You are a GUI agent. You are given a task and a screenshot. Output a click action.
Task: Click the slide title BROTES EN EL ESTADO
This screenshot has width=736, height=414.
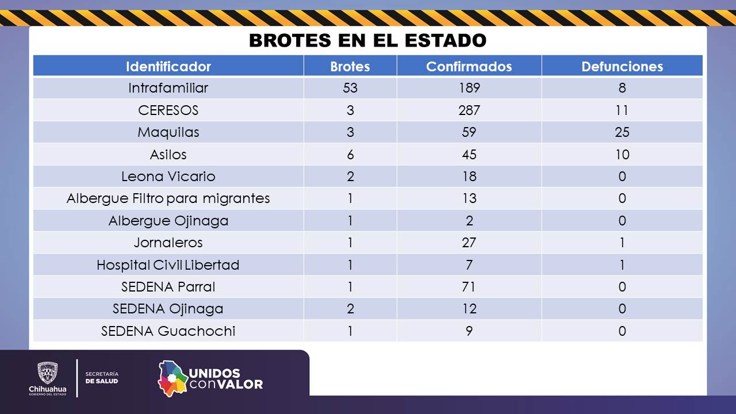tap(367, 41)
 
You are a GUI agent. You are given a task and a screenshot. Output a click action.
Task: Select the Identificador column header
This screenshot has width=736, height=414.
tap(168, 66)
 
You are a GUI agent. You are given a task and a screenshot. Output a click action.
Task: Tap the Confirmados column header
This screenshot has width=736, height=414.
tap(469, 66)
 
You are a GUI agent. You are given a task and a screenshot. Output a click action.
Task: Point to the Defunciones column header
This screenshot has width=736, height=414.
tap(622, 66)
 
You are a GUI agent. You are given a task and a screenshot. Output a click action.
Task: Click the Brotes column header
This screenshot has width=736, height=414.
tap(350, 66)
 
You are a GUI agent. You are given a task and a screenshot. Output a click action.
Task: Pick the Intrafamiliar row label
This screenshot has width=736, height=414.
tap(168, 88)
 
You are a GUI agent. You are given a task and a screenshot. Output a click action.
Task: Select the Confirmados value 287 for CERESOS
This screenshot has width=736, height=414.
tap(469, 110)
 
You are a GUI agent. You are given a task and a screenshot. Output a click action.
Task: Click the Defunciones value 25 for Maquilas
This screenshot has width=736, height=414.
tap(622, 132)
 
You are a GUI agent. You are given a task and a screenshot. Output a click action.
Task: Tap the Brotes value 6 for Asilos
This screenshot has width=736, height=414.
tap(350, 155)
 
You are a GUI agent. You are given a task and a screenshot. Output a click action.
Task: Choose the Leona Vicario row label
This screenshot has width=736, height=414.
tap(168, 177)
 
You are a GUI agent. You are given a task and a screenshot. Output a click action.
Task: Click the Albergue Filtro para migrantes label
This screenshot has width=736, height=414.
tap(168, 198)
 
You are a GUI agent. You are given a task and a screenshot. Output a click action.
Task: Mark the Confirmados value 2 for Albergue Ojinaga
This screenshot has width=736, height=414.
tap(469, 221)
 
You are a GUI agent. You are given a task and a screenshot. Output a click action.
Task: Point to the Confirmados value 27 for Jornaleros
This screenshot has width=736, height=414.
tap(469, 243)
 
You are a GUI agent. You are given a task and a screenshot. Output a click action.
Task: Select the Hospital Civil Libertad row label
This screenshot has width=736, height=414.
tap(168, 265)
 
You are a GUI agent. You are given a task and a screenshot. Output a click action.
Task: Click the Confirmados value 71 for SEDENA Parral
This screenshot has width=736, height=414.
tap(469, 287)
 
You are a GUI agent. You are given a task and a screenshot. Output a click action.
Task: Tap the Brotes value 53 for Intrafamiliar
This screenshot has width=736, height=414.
tap(350, 88)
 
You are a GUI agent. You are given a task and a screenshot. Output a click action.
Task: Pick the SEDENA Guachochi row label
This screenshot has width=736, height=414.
tap(168, 331)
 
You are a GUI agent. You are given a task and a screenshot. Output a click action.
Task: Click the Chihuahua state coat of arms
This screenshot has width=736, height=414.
tap(47, 373)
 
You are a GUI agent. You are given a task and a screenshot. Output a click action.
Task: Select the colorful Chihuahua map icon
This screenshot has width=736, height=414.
tap(173, 378)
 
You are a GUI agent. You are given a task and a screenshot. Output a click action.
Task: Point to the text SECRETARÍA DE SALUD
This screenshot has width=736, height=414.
tap(102, 377)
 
